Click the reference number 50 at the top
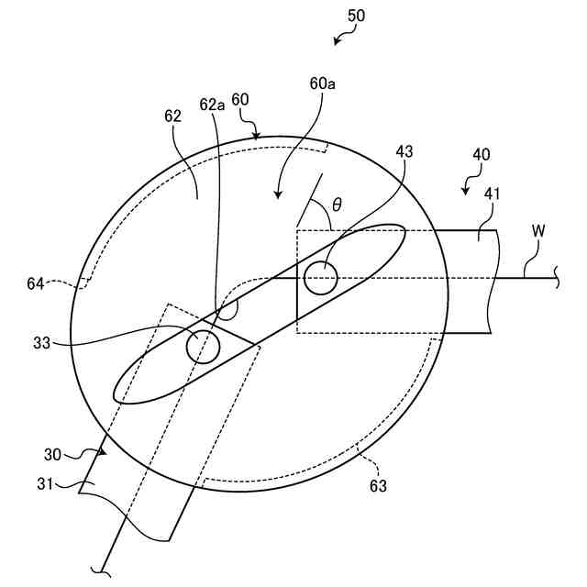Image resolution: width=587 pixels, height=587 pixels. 355,16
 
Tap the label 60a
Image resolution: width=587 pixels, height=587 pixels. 322,83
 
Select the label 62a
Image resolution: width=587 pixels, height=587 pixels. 213,105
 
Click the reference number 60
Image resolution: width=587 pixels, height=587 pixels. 240,99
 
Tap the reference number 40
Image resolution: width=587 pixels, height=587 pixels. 481,155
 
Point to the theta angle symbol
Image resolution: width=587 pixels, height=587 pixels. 337,204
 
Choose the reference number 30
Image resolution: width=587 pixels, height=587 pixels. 52,453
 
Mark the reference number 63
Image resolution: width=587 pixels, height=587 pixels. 378,485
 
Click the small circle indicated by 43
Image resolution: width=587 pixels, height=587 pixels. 321,278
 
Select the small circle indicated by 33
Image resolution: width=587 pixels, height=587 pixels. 203,346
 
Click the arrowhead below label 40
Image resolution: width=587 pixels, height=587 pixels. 467,191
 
